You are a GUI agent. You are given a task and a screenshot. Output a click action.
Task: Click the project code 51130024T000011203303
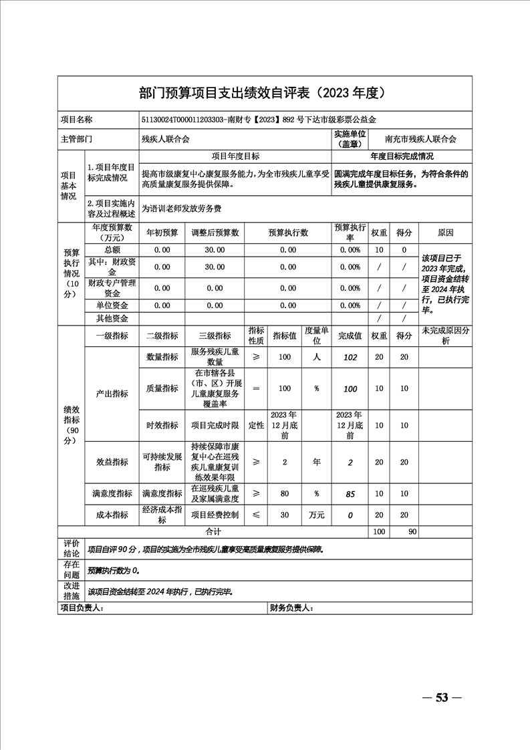(x=182, y=120)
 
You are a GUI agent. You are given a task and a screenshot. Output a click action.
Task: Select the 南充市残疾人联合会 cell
(x=421, y=139)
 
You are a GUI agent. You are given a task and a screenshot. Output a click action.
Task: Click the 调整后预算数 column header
(x=215, y=233)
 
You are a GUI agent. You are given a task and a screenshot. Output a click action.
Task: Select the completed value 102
(x=350, y=358)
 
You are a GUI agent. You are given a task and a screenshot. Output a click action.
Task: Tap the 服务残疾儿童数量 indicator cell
(x=215, y=357)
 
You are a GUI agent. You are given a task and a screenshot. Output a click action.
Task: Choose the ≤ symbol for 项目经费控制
(x=256, y=515)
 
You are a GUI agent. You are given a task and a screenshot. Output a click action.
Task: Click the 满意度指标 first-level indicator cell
(x=111, y=493)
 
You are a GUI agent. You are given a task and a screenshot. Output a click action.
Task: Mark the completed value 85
(x=350, y=494)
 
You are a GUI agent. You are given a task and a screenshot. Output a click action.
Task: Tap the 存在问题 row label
(x=71, y=570)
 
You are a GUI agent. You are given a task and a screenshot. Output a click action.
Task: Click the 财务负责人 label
(x=291, y=608)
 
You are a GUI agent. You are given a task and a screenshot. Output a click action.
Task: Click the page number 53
(x=441, y=698)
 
